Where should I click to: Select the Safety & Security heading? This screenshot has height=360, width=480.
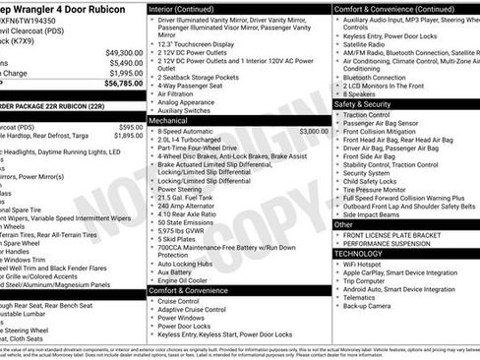pyautogui.click(x=363, y=103)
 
